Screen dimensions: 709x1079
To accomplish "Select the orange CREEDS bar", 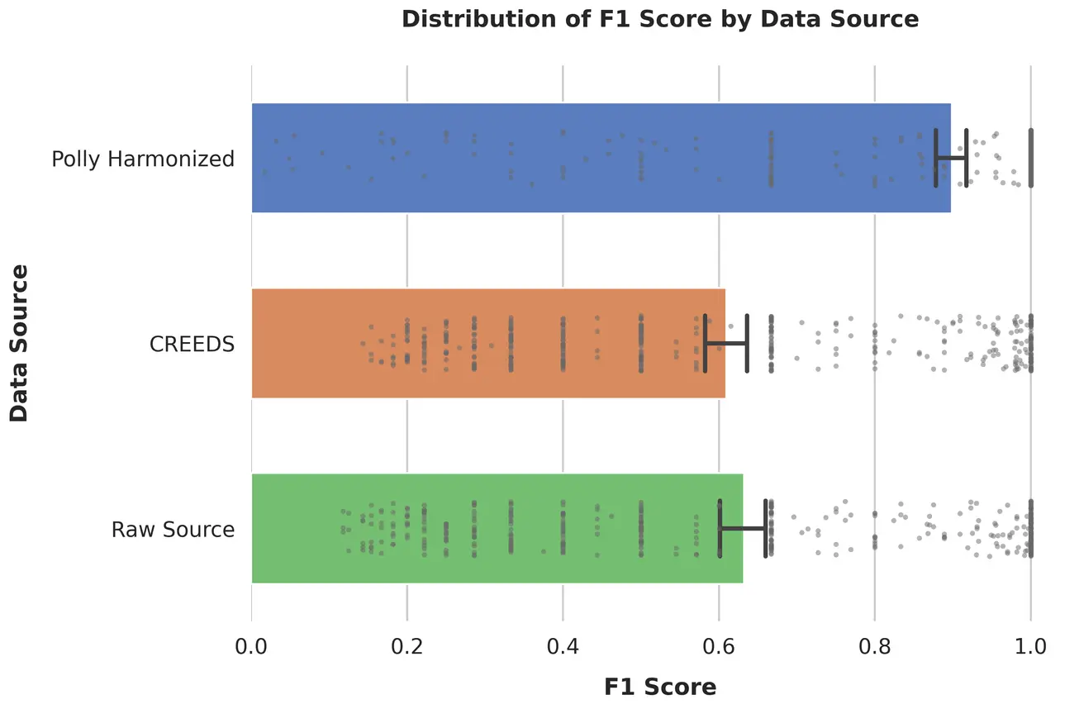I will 487,343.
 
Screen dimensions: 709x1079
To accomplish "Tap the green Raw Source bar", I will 497,528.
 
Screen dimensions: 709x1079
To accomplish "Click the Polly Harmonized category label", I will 143,159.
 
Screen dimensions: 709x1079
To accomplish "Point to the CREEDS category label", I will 192,344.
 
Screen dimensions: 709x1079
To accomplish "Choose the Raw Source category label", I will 173,529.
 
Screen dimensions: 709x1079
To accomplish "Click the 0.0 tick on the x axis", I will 251,645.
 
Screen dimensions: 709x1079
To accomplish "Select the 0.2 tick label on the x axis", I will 406,645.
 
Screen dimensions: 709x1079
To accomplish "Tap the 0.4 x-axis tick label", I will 563,645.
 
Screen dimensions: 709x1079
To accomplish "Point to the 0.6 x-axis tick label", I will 718,645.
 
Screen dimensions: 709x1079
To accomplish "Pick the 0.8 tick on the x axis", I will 874,645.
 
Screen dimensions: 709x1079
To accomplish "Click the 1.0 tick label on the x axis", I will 1029,645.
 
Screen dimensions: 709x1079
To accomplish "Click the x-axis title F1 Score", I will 660,687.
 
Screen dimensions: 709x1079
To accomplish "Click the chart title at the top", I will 660,19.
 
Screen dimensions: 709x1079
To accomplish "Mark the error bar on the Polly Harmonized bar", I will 951,158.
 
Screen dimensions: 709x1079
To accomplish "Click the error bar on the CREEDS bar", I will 725,343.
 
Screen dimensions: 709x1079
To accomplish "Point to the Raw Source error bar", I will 742,528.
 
